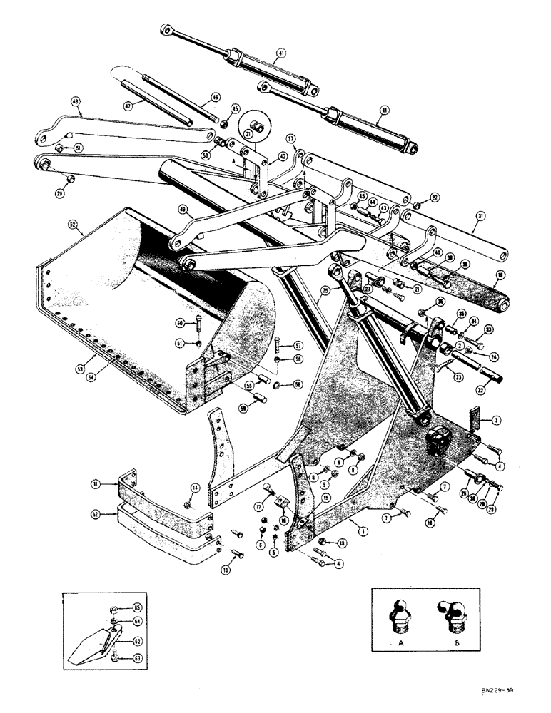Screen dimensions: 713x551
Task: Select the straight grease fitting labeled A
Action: (403, 615)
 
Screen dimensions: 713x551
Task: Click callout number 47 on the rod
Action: (128, 105)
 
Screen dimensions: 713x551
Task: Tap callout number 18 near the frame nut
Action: (341, 545)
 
